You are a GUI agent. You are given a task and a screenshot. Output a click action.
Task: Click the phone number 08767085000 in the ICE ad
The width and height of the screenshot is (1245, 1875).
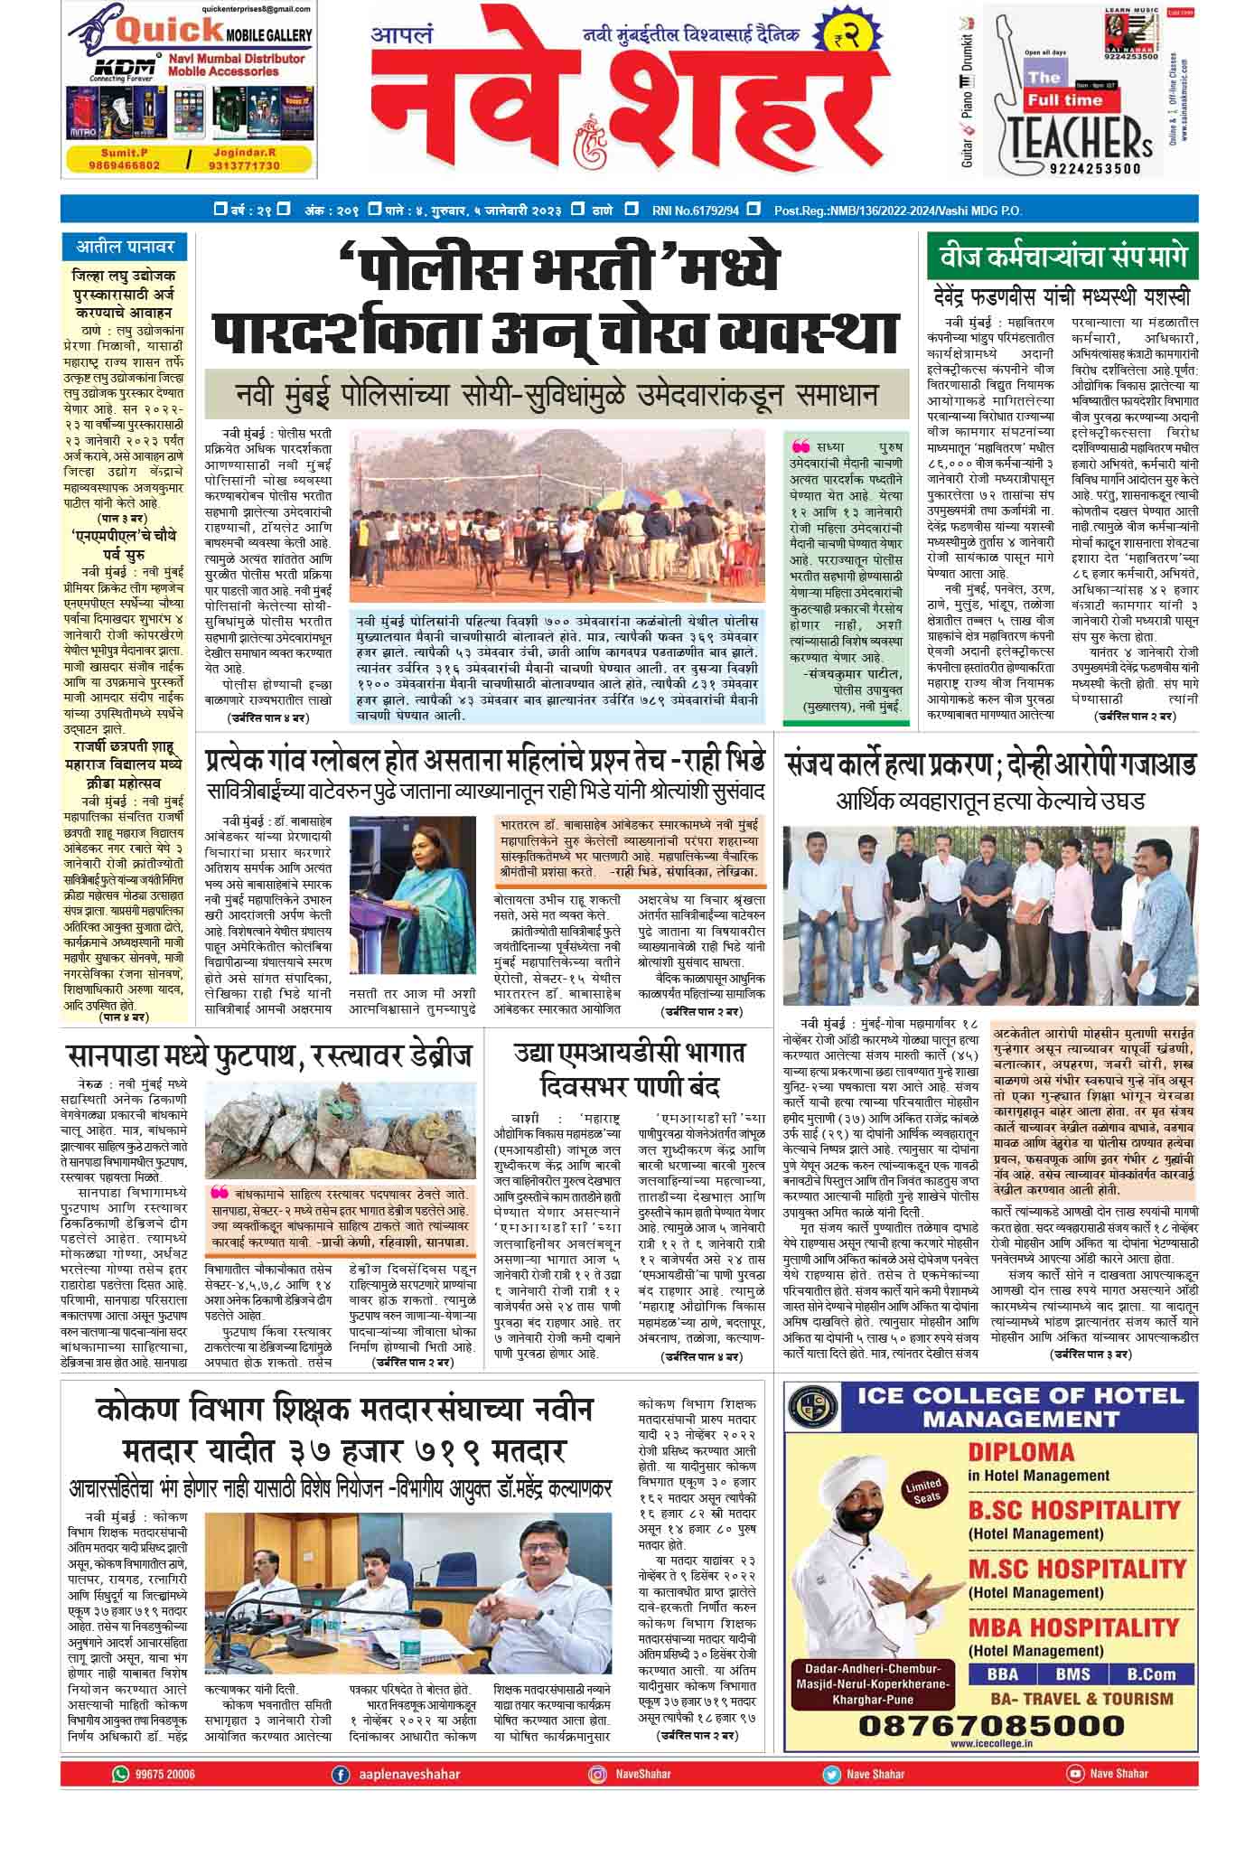pyautogui.click(x=989, y=1725)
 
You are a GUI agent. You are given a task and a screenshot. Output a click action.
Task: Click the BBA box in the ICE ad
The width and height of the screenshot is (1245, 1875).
pyautogui.click(x=1003, y=1673)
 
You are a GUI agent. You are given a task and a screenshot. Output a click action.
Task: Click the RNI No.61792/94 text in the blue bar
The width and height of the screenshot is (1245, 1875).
pyautogui.click(x=695, y=211)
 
